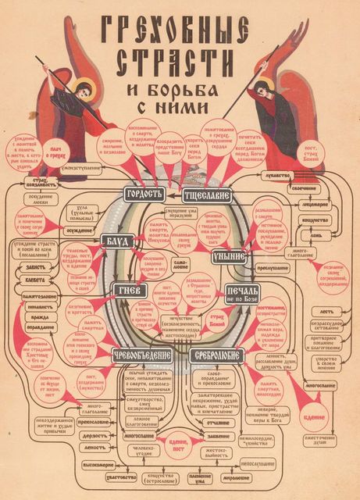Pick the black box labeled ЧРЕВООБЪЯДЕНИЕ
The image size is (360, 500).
coord(140,353)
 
